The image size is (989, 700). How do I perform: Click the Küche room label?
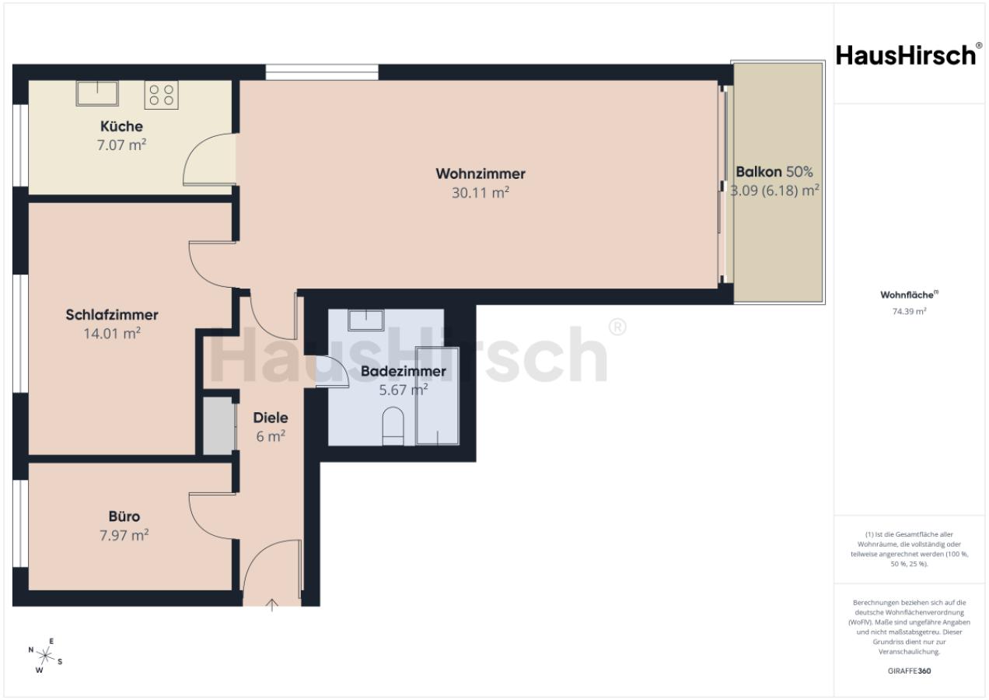(121, 126)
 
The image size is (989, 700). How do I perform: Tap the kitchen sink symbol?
(97, 93)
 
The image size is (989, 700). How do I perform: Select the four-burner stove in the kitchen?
(161, 95)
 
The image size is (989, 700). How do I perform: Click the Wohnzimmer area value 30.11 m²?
(481, 193)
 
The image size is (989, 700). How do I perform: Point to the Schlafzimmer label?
(112, 315)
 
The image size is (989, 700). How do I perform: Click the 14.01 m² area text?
(112, 333)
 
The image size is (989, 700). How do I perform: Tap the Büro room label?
(124, 516)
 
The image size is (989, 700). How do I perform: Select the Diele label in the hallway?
(271, 418)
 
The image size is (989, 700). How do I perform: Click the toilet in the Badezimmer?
(393, 426)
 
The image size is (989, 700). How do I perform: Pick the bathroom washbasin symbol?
(365, 320)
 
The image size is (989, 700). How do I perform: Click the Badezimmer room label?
(403, 372)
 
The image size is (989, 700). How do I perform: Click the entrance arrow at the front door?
(272, 604)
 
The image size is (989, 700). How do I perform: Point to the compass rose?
(45, 656)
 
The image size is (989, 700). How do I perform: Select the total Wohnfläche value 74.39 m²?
(909, 311)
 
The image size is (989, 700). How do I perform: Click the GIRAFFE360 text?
(909, 671)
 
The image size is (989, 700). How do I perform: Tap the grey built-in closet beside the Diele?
(218, 425)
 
